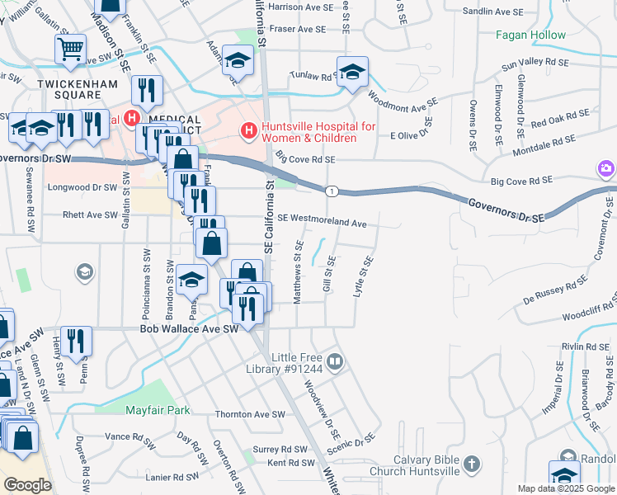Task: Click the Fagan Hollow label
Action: pos(530,35)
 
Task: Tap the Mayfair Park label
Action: pos(158,410)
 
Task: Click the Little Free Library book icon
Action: pos(335,361)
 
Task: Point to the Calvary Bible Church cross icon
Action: pos(470,464)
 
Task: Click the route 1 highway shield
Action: pos(331,191)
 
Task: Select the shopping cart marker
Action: pos(70,49)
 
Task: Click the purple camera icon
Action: pos(606,169)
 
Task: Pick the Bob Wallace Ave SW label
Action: pos(189,328)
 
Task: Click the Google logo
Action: pos(27,485)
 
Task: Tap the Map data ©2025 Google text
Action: pos(565,488)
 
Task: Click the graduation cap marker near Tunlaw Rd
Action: pos(352,71)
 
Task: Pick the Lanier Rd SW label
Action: pos(172,477)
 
